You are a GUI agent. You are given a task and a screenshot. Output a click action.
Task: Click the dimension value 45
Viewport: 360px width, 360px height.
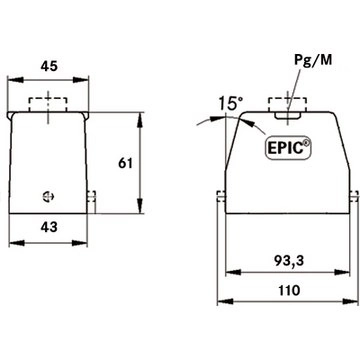[49, 66]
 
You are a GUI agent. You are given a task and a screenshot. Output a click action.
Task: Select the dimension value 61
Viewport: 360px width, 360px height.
[126, 163]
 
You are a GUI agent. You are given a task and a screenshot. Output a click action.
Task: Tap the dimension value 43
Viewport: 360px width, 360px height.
[49, 227]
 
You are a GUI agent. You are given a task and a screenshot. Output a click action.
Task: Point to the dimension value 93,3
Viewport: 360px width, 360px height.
[289, 261]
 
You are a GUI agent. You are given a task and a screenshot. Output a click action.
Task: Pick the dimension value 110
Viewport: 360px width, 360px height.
[288, 290]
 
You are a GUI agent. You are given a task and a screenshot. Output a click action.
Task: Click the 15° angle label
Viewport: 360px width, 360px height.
[231, 103]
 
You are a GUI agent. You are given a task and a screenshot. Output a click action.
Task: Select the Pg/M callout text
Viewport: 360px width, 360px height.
[313, 60]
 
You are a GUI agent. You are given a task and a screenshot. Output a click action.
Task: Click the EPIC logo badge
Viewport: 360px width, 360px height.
[288, 148]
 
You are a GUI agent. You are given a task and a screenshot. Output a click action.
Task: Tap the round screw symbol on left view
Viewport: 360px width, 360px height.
[49, 196]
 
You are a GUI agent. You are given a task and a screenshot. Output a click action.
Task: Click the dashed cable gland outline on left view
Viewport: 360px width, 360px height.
[48, 105]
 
